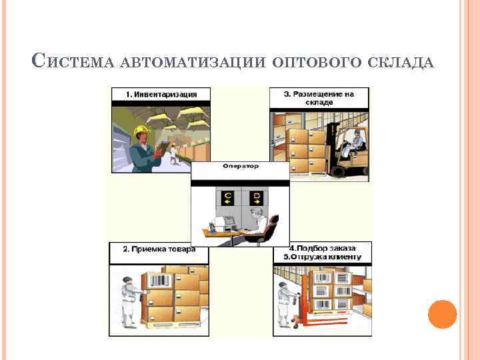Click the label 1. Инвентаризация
pyautogui.click(x=161, y=94)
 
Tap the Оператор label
pyautogui.click(x=240, y=165)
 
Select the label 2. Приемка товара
pyautogui.click(x=159, y=249)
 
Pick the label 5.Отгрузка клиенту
pyautogui.click(x=321, y=257)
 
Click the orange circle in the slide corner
pyautogui.click(x=442, y=314)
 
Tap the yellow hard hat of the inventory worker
pyautogui.click(x=141, y=131)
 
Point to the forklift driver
pyautogui.click(x=357, y=141)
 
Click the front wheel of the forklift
pyautogui.click(x=338, y=171)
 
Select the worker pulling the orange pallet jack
pyautogui.click(x=285, y=301)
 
